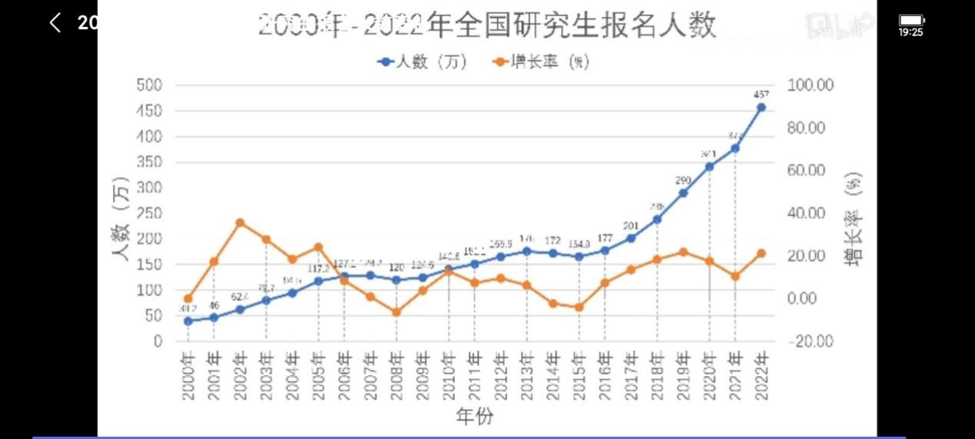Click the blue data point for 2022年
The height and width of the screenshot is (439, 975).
[x=761, y=108]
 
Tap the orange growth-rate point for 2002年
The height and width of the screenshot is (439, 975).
[x=240, y=223]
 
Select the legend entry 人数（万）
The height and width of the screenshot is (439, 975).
[x=423, y=62]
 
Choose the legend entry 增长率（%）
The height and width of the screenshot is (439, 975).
[x=541, y=62]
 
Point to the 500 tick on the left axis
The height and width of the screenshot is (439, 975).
[x=149, y=85]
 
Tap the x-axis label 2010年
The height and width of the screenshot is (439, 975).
[x=449, y=376]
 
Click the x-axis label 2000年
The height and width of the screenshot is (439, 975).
[x=188, y=376]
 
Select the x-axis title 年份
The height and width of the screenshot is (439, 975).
[x=474, y=417]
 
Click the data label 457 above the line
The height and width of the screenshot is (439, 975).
[x=761, y=94]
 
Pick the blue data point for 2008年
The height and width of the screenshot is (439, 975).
[x=396, y=280]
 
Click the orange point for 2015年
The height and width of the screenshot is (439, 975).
[x=579, y=308]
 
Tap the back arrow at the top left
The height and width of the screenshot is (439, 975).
[x=55, y=22]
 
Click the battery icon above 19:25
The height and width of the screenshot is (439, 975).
[x=911, y=19]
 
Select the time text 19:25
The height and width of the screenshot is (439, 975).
[x=911, y=32]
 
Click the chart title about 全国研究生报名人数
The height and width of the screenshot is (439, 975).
[x=487, y=25]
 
